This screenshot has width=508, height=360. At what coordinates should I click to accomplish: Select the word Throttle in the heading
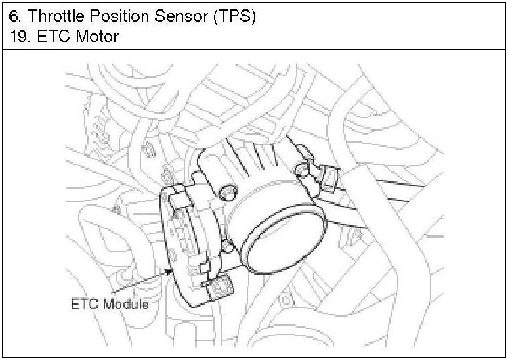tap(56, 16)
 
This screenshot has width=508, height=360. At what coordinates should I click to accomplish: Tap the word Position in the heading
tap(119, 16)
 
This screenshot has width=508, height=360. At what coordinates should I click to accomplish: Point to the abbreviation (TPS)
tap(234, 16)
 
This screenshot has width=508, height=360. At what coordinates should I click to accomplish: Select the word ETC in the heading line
tap(53, 36)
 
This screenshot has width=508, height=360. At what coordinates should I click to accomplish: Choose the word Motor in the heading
tap(97, 36)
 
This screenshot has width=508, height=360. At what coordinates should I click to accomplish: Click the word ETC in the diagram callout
tap(84, 305)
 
